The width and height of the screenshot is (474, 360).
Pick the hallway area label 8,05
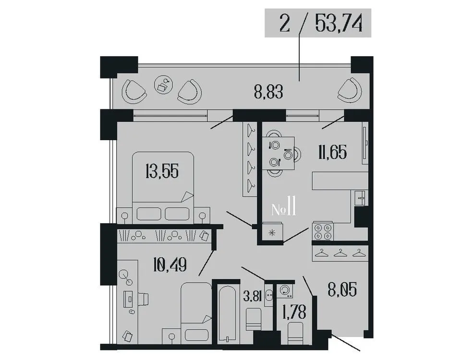click(342, 290)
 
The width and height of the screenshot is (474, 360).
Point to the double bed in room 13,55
click(164, 187)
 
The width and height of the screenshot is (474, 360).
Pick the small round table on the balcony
click(163, 85)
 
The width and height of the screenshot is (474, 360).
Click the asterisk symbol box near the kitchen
click(272, 234)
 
